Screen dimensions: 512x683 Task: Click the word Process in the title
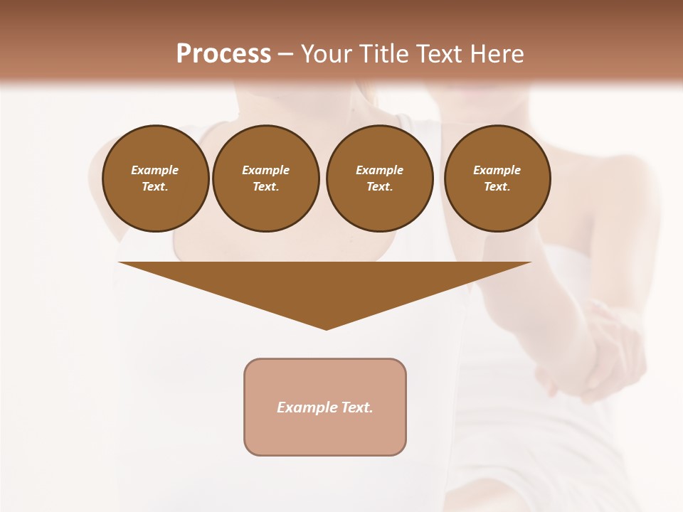click(x=223, y=54)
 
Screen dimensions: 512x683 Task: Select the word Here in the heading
click(x=497, y=54)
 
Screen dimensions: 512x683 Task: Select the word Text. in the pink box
click(x=356, y=407)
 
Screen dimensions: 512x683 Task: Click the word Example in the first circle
click(x=155, y=170)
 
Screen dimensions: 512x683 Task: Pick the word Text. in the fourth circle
click(x=497, y=186)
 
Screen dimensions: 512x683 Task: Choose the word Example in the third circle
click(x=380, y=170)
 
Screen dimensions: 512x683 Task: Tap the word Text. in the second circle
click(x=266, y=186)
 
